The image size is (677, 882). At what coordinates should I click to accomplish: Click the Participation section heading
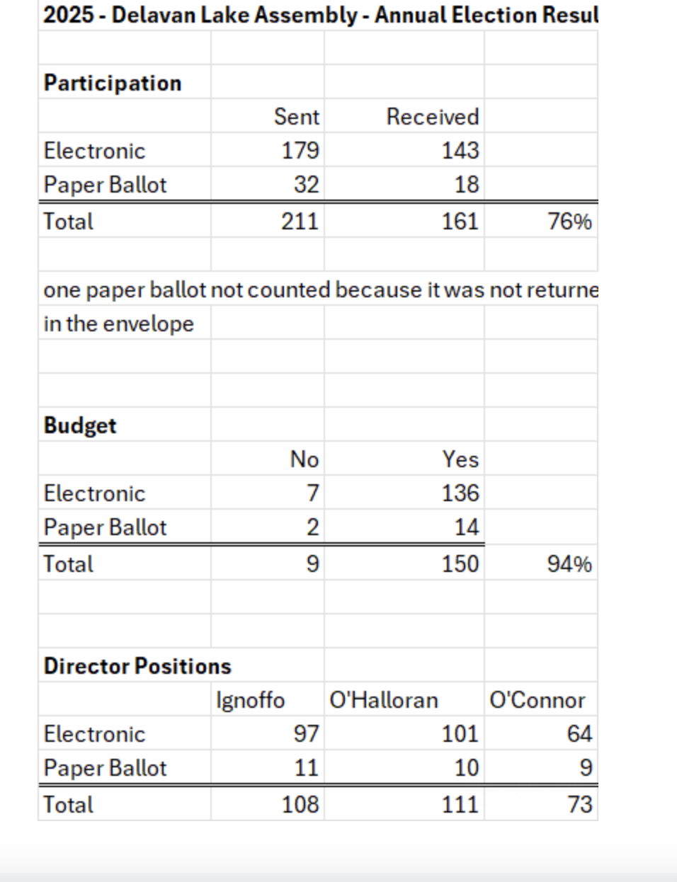113,84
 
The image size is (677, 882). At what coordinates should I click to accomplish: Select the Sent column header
297,117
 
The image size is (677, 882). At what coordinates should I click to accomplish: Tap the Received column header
433,117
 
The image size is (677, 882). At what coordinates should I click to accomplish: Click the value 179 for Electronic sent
300,151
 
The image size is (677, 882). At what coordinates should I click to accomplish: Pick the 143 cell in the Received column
460,151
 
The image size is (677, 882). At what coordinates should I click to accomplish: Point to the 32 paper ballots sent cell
307,185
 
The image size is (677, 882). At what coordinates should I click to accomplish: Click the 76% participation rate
570,222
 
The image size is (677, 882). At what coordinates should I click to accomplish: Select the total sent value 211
300,222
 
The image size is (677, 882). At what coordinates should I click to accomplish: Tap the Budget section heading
80,425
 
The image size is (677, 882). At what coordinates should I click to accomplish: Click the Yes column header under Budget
461,459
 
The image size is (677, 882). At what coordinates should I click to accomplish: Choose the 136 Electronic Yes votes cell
460,493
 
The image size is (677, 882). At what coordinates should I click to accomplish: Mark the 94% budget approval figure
570,564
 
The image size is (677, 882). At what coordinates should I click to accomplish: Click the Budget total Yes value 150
460,564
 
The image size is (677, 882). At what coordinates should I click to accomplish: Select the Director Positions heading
137,666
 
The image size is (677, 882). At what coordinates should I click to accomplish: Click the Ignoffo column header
251,701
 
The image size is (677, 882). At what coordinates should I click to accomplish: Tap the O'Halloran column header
384,700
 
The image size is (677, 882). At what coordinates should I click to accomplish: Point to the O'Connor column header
537,700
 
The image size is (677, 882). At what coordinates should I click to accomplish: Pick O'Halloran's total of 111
460,804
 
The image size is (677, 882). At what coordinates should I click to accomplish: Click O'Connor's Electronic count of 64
579,734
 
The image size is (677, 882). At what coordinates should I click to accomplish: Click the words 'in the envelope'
118,324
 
